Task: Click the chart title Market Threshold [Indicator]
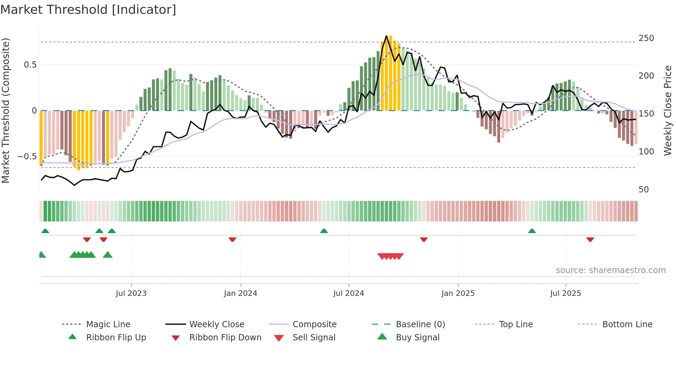[x=88, y=10]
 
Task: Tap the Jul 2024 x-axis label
[x=348, y=293]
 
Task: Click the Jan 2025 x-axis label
[x=458, y=293]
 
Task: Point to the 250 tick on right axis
[x=646, y=38]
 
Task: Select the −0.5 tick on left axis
[x=27, y=156]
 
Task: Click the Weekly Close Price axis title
[x=668, y=110]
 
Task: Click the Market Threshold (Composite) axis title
[x=6, y=110]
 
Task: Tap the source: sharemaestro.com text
[x=610, y=270]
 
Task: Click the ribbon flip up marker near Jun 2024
[x=324, y=231]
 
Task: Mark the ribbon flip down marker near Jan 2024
[x=232, y=239]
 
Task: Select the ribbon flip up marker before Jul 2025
[x=531, y=231]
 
